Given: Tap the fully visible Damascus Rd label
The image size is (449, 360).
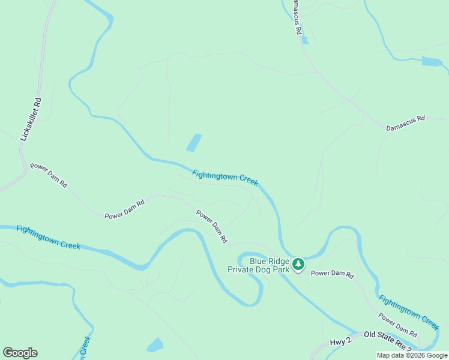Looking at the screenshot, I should click(405, 119).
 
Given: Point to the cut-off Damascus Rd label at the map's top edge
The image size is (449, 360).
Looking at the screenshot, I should click(295, 17).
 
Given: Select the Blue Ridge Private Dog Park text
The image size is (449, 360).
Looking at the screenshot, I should click(259, 265).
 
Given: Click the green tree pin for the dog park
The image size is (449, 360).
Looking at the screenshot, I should click(298, 263).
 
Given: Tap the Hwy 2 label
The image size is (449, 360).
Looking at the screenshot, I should click(340, 342).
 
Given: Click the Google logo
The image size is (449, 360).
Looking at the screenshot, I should click(20, 353).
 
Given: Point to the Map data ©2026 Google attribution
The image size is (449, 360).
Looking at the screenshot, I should click(412, 355).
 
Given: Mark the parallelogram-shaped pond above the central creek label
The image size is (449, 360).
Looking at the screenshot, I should click(194, 142).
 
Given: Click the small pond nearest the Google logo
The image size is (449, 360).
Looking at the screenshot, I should click(155, 344).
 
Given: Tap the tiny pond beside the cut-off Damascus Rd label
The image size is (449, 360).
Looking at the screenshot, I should click(305, 40).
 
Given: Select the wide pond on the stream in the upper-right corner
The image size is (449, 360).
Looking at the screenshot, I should click(432, 61).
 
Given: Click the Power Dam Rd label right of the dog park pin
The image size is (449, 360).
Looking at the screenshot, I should click(332, 274).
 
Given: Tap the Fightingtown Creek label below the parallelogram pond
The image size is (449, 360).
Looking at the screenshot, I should click(225, 178).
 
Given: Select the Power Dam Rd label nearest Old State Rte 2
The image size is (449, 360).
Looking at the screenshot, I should click(397, 325).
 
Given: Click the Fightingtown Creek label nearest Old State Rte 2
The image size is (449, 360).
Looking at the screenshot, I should click(409, 312).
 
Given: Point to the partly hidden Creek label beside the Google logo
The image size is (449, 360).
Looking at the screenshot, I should click(86, 347).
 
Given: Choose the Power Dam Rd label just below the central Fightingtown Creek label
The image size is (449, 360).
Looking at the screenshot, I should click(212, 226).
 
